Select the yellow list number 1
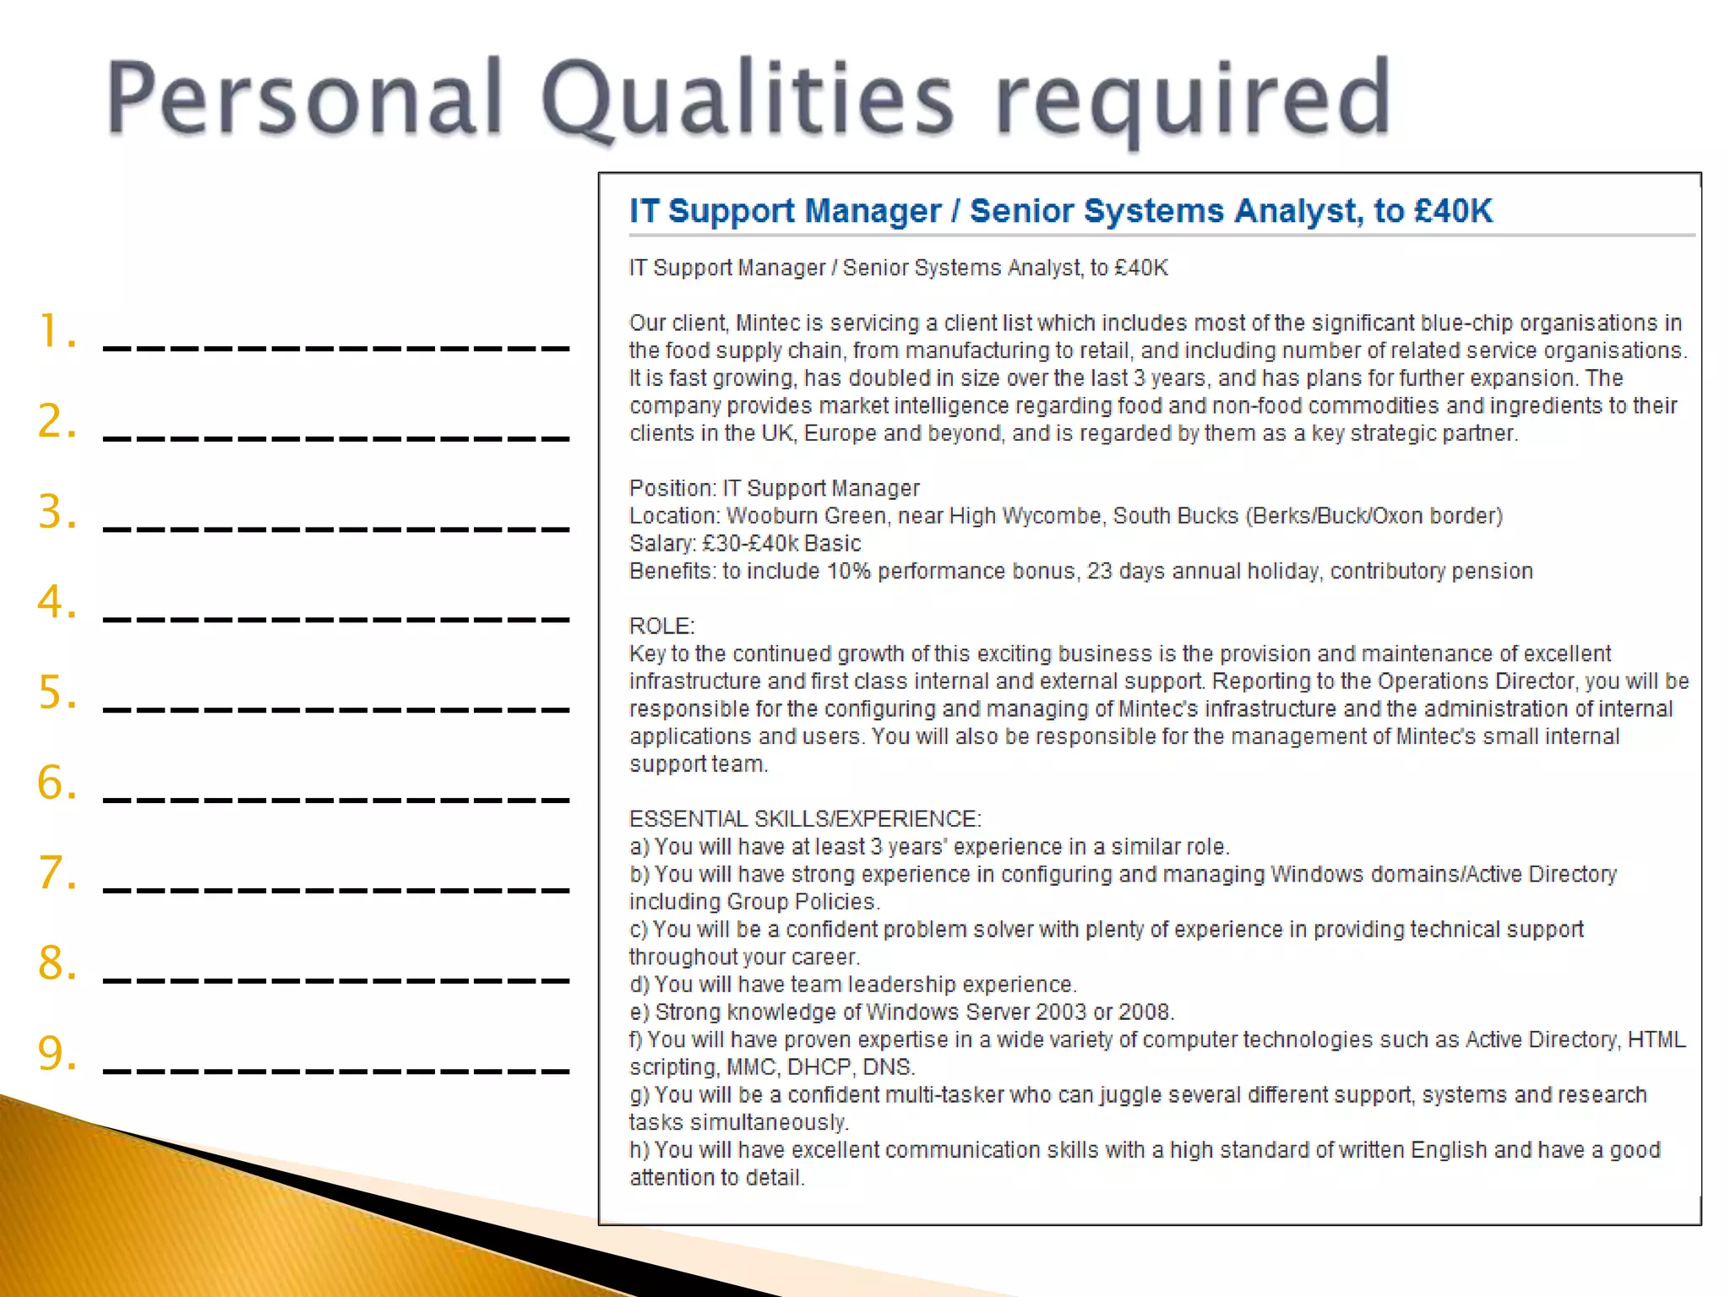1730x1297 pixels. click(x=56, y=331)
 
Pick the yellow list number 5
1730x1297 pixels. click(x=56, y=692)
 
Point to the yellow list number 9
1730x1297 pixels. click(x=56, y=1054)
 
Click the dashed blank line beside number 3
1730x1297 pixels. click(x=336, y=529)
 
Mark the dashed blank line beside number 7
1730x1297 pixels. click(x=336, y=890)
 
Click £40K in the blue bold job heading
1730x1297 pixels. click(x=1453, y=211)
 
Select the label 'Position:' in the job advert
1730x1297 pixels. click(x=672, y=489)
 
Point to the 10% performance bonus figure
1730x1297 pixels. click(x=848, y=572)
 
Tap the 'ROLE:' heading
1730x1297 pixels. click(x=661, y=627)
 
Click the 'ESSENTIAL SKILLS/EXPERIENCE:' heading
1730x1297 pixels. click(x=805, y=819)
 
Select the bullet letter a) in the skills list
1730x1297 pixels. click(x=639, y=847)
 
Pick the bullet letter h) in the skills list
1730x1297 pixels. click(x=639, y=1150)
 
